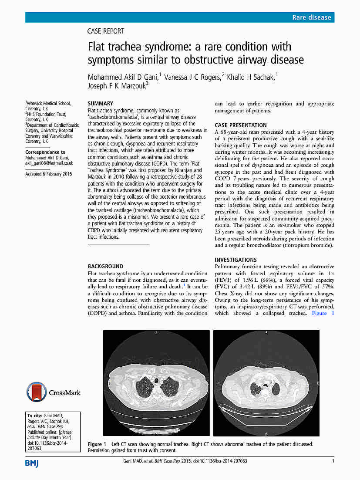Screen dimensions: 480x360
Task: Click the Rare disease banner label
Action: [x=312, y=17]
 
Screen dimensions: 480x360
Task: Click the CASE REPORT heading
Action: [x=106, y=31]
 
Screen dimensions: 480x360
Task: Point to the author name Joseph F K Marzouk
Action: [x=117, y=86]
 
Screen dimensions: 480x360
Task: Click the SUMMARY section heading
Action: [x=101, y=104]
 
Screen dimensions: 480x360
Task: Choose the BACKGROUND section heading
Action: [x=105, y=266]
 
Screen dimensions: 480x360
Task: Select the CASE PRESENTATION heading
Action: [x=241, y=125]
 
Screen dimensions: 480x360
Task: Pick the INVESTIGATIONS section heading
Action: [x=236, y=260]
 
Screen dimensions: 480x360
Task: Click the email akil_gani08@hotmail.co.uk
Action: [x=49, y=163]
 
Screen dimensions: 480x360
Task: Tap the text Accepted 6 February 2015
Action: [x=49, y=174]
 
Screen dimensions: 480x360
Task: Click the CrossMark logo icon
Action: [x=36, y=392]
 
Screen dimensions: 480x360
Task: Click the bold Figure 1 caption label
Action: [x=97, y=444]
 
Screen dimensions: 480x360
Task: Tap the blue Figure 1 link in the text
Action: [x=323, y=313]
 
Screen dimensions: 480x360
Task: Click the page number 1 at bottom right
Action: [x=333, y=461]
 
